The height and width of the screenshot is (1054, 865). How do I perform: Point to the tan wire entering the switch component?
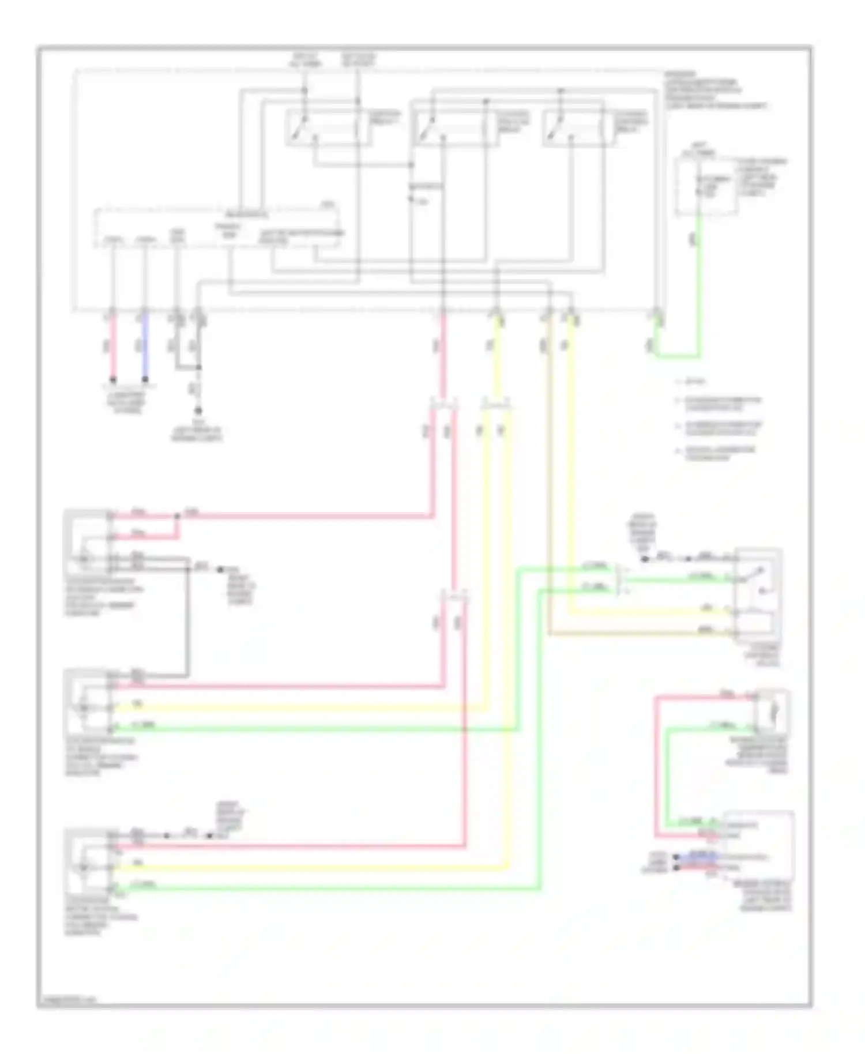coord(634,634)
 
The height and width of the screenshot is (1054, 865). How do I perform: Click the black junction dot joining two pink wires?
coord(177,515)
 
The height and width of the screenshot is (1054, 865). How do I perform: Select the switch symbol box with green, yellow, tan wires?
coord(757,594)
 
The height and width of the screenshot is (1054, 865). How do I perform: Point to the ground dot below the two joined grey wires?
coord(198,411)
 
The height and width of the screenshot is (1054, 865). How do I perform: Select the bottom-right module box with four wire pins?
coord(758,845)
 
